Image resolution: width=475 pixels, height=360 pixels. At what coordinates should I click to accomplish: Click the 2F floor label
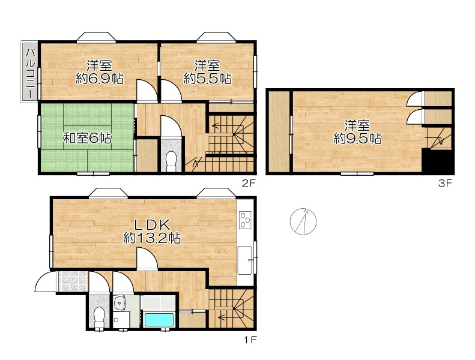(249, 183)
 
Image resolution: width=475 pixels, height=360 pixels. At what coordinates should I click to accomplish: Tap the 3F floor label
(445, 183)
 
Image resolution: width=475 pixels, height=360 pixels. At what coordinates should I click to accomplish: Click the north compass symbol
(303, 221)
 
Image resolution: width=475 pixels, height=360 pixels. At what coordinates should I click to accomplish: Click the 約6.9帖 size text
(99, 79)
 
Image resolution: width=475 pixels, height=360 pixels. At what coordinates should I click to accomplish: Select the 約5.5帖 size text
(208, 79)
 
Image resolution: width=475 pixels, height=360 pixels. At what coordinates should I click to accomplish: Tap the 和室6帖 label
(87, 138)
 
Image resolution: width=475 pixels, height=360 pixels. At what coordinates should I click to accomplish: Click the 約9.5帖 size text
(357, 139)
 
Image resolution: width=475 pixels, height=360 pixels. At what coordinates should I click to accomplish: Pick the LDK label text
(151, 225)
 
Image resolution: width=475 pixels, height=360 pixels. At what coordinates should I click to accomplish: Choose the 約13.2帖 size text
(152, 238)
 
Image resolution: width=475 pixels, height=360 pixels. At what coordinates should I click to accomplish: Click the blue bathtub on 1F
(159, 320)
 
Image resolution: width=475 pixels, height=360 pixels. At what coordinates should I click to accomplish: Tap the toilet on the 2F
(171, 160)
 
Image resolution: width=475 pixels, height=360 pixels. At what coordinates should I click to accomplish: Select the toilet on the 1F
(98, 317)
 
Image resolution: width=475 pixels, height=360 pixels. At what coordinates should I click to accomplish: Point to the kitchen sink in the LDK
(245, 260)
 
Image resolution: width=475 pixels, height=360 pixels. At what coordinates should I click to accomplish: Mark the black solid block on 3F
(438, 161)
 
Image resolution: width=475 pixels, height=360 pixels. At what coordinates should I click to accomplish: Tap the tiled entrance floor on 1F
(73, 281)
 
